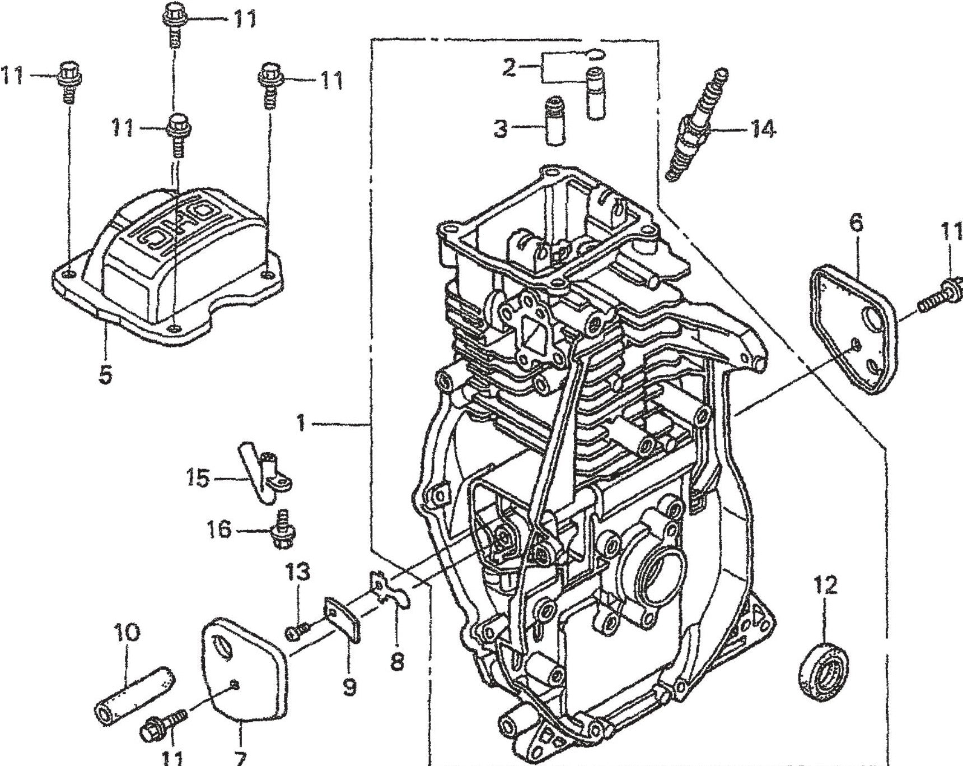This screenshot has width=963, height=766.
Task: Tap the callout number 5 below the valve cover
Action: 105,374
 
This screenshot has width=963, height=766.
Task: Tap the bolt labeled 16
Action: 282,530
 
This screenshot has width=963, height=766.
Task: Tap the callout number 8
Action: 396,662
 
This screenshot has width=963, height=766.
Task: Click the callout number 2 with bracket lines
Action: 508,68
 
